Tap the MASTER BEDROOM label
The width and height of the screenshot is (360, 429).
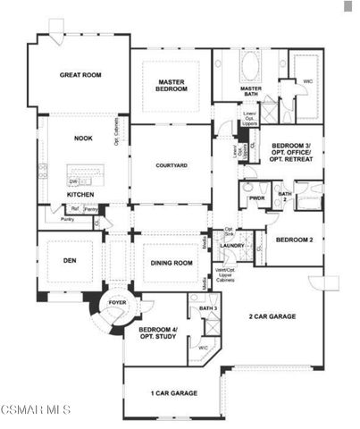tap(172, 86)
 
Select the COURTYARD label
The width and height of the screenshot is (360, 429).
tap(171, 165)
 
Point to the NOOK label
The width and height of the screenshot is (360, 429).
tap(83, 139)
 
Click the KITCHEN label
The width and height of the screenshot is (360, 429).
tap(82, 194)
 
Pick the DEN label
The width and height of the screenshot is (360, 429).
tap(71, 263)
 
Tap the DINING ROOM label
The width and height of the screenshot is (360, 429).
tap(171, 263)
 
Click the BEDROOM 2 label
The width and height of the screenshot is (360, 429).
tap(294, 240)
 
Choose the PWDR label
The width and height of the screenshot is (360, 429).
tap(258, 198)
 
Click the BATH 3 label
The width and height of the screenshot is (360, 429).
tap(208, 308)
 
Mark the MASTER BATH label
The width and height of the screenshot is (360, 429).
tap(251, 91)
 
